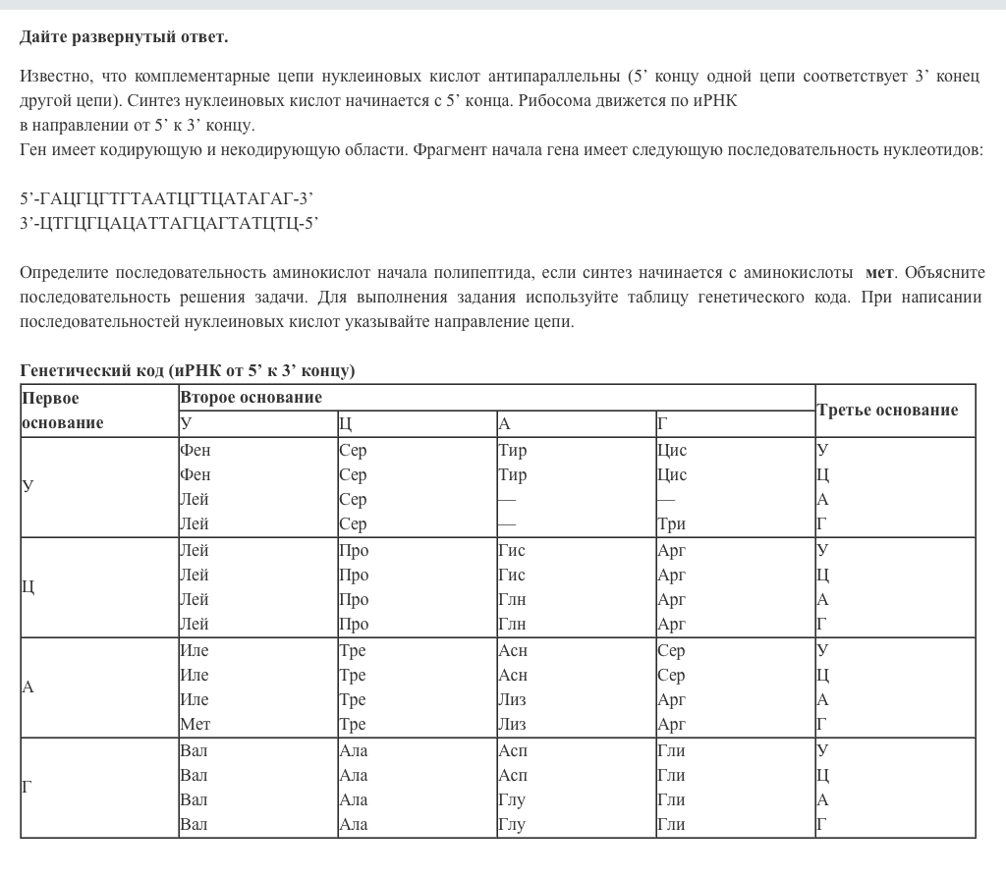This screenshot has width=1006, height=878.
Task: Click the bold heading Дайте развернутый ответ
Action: coord(124,37)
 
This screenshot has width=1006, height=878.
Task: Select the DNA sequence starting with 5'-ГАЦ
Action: coord(166,198)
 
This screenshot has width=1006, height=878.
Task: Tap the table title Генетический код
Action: coord(187,370)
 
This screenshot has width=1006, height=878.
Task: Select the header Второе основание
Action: coord(251,398)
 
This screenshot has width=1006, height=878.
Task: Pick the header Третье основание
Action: coord(887,411)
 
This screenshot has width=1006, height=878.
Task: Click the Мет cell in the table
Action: coord(196,725)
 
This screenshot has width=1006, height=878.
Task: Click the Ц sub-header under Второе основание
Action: coord(345,424)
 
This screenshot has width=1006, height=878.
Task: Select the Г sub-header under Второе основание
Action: coord(662,424)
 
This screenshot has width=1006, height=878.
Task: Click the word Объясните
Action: coord(944,272)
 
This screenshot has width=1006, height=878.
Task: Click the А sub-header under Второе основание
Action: coord(504,424)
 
